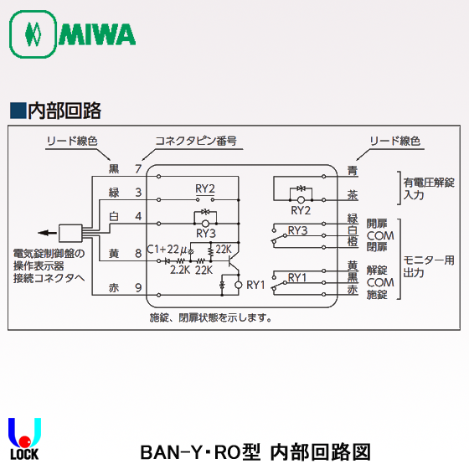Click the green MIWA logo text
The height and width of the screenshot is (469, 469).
coord(97,34)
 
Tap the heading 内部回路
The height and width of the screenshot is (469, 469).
coord(64,111)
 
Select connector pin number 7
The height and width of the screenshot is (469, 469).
coord(138,169)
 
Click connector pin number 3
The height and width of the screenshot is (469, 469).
coord(138,193)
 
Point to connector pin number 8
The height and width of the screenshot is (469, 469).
coord(138,253)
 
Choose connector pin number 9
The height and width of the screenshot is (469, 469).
coord(138,288)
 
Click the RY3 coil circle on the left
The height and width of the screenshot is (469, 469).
coord(205,224)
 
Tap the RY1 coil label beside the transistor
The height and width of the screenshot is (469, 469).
coord(255,285)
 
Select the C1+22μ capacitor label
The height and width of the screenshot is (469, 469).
coord(167,250)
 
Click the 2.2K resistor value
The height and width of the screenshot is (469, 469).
coord(180,270)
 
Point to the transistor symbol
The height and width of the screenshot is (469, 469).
coord(233,260)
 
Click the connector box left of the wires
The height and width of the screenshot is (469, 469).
coord(70,233)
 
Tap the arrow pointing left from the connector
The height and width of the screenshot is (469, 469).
coord(47,233)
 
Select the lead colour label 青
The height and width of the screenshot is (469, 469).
coord(353,171)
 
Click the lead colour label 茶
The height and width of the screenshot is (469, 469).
coord(353,195)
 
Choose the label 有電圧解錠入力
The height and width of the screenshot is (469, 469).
coord(429,188)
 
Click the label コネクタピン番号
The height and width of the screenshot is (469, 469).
coord(196,141)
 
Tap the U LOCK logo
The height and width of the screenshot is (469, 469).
coord(24,439)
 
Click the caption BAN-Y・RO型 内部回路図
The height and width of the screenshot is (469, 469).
coord(255,452)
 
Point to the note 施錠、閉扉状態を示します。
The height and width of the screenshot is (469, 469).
coord(211,317)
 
